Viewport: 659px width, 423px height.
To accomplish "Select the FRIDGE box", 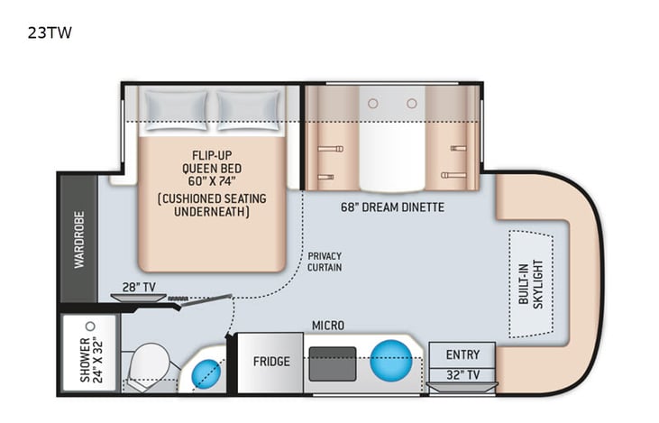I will click(271, 362).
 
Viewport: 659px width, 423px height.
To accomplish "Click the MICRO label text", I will click(327, 325).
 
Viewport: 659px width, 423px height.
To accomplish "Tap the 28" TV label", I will click(139, 287).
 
